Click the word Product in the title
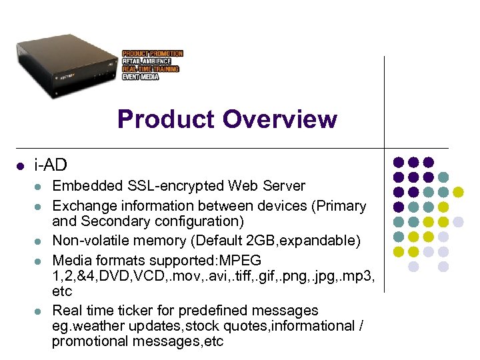167,120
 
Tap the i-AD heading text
51,164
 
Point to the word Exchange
82,206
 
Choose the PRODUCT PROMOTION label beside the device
152,53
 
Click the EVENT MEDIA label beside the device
140,77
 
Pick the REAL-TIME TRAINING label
150,69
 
